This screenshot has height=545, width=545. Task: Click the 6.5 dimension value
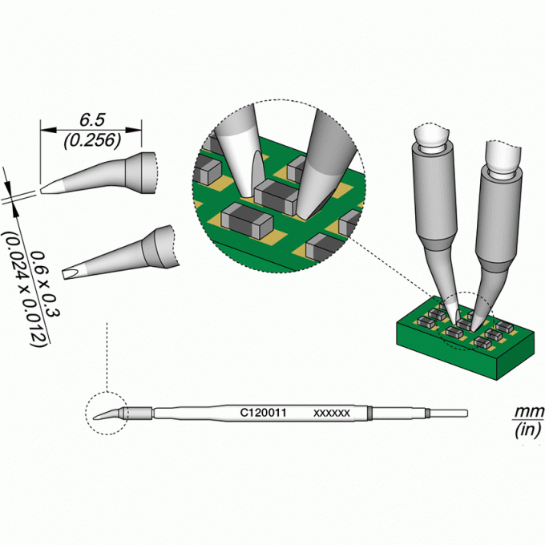tap(91, 120)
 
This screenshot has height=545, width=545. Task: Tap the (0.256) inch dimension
tap(92, 140)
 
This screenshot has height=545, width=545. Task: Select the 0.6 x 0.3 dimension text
tap(45, 285)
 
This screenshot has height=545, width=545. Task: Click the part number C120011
tap(263, 413)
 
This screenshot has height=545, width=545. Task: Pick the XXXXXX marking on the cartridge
tap(332, 414)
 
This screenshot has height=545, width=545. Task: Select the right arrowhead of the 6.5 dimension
tap(134, 130)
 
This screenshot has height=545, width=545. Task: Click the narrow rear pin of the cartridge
tap(449, 414)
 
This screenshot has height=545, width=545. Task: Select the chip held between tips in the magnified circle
tap(276, 192)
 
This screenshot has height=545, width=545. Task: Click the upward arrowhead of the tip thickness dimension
tap(15, 211)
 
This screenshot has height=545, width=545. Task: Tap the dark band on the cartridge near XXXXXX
tap(369, 413)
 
